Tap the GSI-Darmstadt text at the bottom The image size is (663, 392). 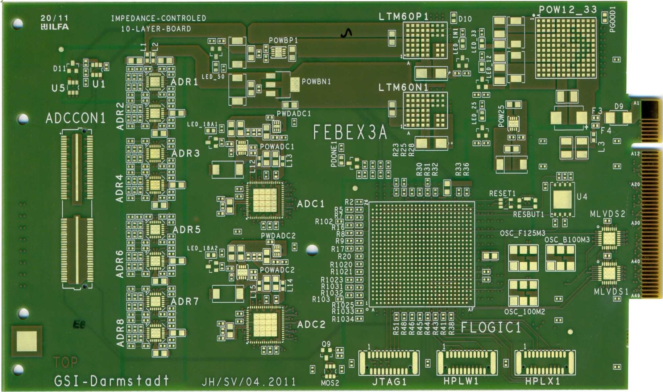pyautogui.click(x=111, y=381)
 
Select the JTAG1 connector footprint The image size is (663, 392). pyautogui.click(x=389, y=363)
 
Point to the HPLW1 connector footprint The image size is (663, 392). pyautogui.click(x=467, y=363)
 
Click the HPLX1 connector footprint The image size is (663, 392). pyautogui.click(x=545, y=363)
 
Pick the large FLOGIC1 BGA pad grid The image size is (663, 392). pyautogui.click(x=422, y=254)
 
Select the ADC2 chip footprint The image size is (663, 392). pyautogui.click(x=265, y=324)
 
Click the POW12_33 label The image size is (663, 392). pyautogui.click(x=567, y=10)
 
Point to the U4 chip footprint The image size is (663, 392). pyautogui.click(x=562, y=199)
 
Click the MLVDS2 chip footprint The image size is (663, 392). pyautogui.click(x=609, y=238)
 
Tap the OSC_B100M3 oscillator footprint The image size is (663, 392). pyautogui.click(x=560, y=258)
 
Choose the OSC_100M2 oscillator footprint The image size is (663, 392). pyautogui.click(x=523, y=293)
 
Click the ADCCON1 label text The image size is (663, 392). pyautogui.click(x=75, y=118)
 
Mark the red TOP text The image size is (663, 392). pyautogui.click(x=66, y=362)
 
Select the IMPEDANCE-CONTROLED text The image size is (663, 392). pyautogui.click(x=158, y=18)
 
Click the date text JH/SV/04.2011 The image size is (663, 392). pyautogui.click(x=249, y=382)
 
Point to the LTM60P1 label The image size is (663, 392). pyautogui.click(x=403, y=17)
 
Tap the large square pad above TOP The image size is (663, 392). pyautogui.click(x=27, y=341)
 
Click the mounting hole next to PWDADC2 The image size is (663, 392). pyautogui.click(x=312, y=250)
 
